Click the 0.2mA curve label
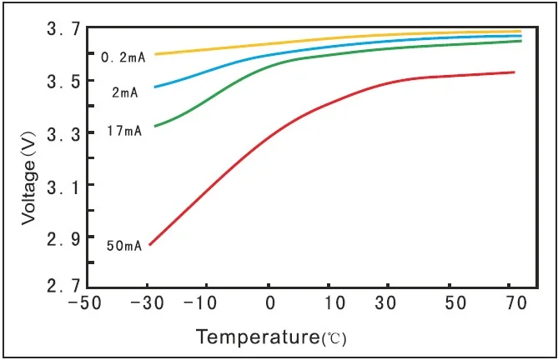[x=123, y=57]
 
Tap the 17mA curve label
[x=124, y=131]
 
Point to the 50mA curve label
[x=124, y=246]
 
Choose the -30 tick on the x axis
[x=148, y=305]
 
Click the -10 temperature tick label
[x=209, y=305]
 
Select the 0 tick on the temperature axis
[x=269, y=305]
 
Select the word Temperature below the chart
[x=258, y=337]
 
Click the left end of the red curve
[x=149, y=245]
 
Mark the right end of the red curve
[x=514, y=72]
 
